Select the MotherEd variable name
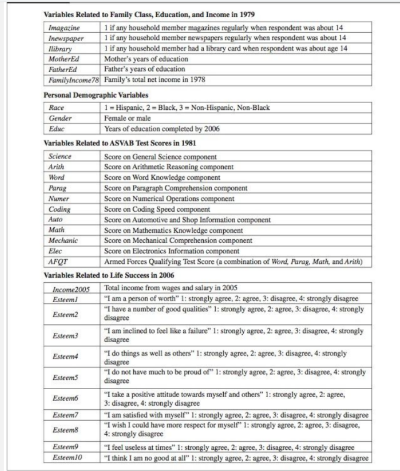tap(64, 58)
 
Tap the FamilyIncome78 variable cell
tap(73, 80)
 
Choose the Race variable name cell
tap(56, 108)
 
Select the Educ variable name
tap(57, 129)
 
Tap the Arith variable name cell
tap(57, 167)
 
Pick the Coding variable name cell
tap(60, 209)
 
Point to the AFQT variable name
tap(58, 262)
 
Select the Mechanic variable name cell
tap(62, 240)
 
